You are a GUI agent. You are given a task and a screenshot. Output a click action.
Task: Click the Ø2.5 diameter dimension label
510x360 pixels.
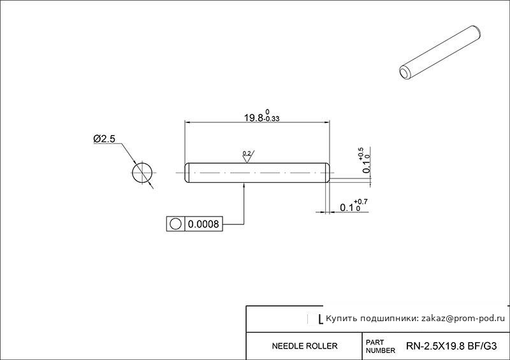point(104,139)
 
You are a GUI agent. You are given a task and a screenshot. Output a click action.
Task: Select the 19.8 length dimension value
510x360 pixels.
point(253,118)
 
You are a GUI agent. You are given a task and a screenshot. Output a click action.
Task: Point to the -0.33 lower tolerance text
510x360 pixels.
point(272,119)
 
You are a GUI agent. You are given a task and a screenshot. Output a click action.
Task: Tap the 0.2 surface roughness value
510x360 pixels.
point(247,153)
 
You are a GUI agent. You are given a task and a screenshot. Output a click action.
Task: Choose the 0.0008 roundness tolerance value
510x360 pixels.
point(203,224)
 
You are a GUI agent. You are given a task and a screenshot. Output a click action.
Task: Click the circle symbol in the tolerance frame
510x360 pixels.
point(176,224)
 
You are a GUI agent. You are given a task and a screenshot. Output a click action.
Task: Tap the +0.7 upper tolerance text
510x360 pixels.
point(361,202)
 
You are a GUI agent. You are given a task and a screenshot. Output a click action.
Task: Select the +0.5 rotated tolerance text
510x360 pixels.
point(361,154)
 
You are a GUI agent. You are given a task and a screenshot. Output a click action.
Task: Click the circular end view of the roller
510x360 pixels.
point(142,173)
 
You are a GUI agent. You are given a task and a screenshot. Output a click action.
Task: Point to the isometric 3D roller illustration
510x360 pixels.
point(440,53)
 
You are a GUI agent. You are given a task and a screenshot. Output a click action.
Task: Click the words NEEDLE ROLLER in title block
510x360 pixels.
point(305,346)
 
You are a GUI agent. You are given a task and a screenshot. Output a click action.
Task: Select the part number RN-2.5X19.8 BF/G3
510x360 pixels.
point(451,346)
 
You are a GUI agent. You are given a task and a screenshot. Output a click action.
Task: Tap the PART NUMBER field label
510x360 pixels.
point(380,347)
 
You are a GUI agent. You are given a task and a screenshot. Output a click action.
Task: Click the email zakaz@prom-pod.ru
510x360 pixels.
point(463,319)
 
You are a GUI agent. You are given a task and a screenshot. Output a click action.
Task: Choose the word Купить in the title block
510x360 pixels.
point(337,319)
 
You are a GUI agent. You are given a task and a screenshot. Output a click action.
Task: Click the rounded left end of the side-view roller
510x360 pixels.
point(187,173)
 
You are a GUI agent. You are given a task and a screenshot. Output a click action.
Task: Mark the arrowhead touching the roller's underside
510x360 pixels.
point(244,185)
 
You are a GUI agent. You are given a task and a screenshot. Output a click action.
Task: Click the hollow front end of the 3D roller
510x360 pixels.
point(405,73)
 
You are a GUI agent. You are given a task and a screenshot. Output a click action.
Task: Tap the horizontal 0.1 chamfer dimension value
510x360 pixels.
point(347,208)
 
